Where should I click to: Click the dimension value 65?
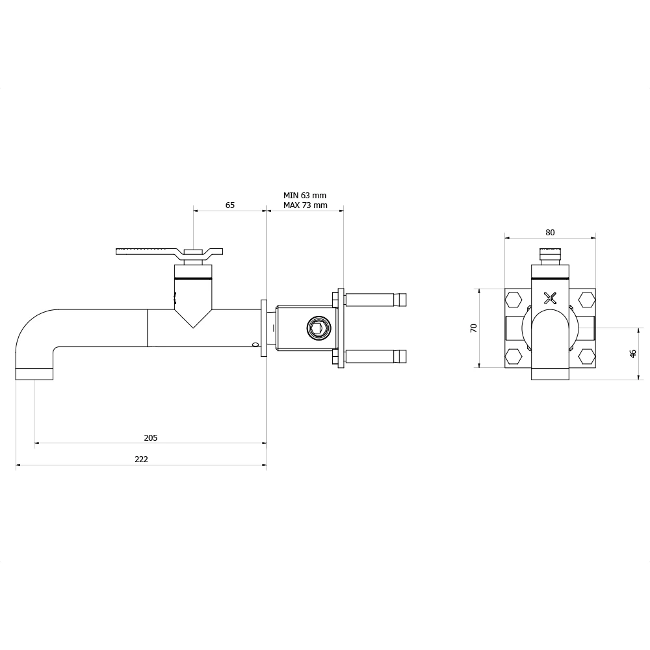(x=230, y=205)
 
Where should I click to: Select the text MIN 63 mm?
(x=305, y=195)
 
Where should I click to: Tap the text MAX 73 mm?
(x=305, y=205)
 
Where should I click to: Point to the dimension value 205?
(x=150, y=438)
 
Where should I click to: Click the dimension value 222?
(x=141, y=460)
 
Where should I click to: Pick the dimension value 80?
(x=550, y=233)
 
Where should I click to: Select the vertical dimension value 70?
(x=474, y=328)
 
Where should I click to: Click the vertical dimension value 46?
(x=632, y=354)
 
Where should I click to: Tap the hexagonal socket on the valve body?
(x=317, y=328)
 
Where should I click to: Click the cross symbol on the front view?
(x=551, y=298)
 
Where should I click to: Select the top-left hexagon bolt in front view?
(x=514, y=299)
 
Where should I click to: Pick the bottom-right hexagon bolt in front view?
(x=587, y=356)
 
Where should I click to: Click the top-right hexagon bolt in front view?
(x=587, y=299)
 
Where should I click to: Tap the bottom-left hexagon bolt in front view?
(x=514, y=356)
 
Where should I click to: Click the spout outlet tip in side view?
(x=34, y=374)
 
